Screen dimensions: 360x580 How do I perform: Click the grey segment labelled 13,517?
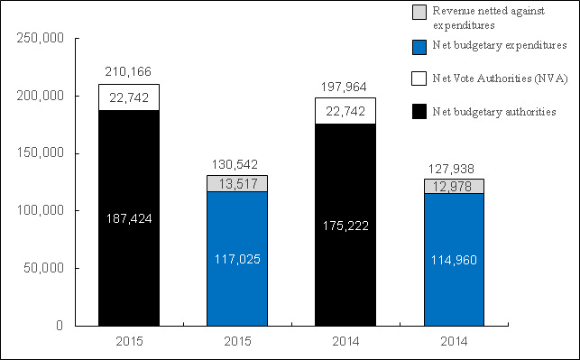237,183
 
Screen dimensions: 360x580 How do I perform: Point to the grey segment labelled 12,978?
454,186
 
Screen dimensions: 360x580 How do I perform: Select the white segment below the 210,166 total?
128,97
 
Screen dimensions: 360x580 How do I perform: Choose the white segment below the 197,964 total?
345,110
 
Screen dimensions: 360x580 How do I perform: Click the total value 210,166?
128,71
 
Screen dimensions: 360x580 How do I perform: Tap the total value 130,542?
237,163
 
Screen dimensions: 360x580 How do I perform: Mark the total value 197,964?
345,86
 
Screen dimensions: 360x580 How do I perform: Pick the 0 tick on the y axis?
56,325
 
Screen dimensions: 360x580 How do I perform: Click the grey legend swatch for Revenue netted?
419,12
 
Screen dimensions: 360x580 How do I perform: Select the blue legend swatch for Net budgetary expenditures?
419,44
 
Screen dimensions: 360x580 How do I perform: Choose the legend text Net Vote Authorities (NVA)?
490,79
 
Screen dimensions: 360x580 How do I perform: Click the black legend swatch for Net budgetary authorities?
419,111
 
